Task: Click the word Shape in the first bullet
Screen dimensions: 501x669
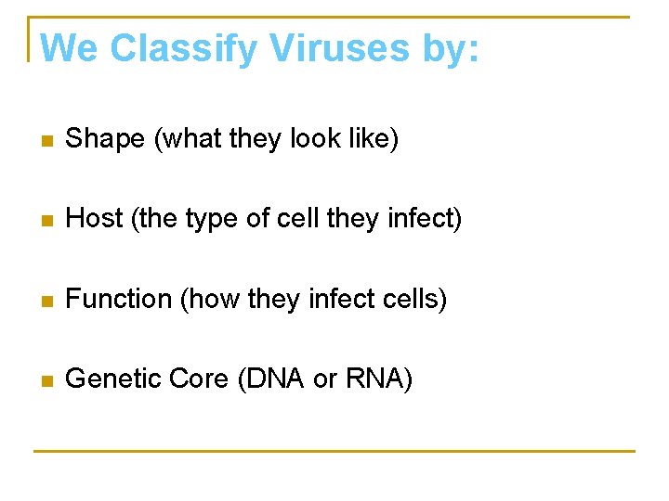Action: pos(106,139)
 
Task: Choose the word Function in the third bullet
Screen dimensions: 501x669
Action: pos(120,299)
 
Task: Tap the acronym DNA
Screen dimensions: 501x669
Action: pos(275,379)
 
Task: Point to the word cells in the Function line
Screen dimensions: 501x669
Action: pos(413,299)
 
